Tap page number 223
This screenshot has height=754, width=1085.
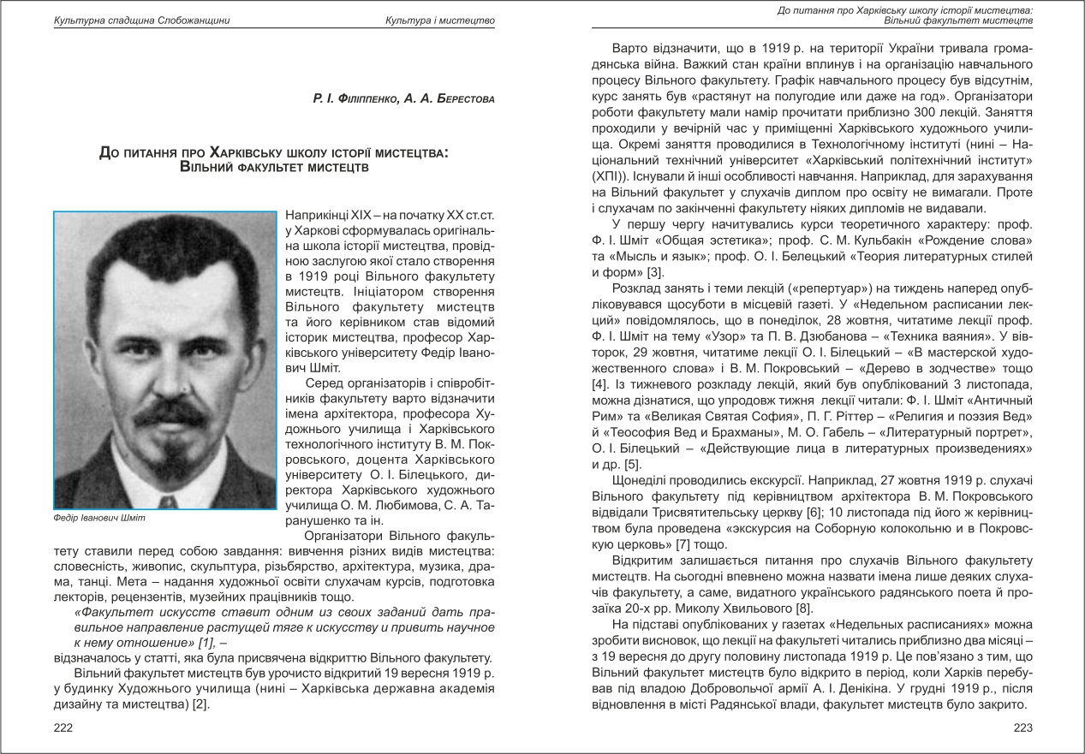tap(1022, 727)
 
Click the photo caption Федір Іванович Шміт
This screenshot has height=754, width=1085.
tap(100, 518)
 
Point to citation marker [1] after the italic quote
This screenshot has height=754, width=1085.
tap(206, 641)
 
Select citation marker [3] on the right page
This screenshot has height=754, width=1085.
tap(654, 273)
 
